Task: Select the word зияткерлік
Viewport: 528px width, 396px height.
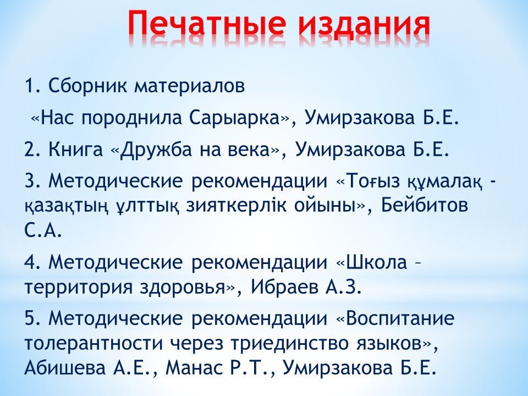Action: tap(235, 205)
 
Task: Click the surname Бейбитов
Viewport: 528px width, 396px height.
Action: tap(425, 205)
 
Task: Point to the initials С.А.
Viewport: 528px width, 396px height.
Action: tap(43, 230)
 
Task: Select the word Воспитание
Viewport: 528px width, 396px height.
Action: tap(400, 318)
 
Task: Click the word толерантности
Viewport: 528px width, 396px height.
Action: tap(92, 343)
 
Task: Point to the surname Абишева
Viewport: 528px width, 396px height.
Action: tap(65, 368)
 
